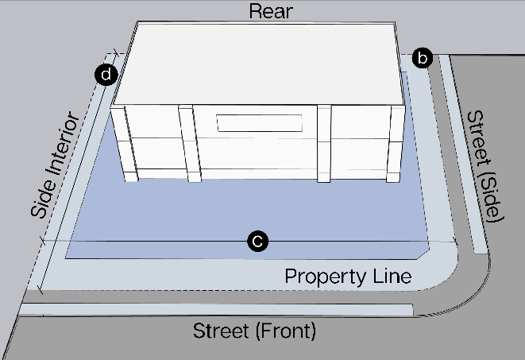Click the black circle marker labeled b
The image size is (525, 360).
point(423,58)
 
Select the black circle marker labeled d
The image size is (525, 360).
point(105,75)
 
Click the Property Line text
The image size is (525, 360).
point(348,277)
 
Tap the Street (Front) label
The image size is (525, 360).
point(255,331)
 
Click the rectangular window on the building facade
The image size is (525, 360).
point(260,123)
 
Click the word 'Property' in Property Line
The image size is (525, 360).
point(326,277)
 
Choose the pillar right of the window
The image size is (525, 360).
point(324,143)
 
